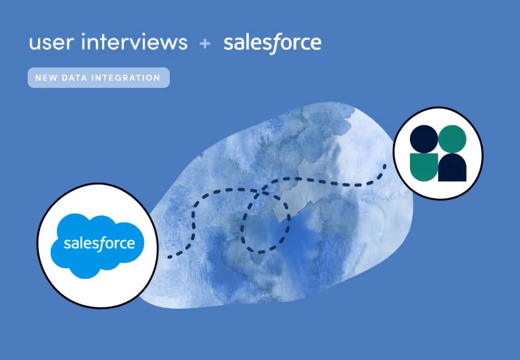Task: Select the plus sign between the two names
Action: (x=205, y=43)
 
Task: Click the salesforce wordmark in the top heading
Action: (x=272, y=43)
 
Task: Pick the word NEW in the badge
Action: (x=46, y=78)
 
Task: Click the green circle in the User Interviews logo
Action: (x=451, y=138)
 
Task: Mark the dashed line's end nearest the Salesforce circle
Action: (x=169, y=257)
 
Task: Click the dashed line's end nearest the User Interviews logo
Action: (x=384, y=164)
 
